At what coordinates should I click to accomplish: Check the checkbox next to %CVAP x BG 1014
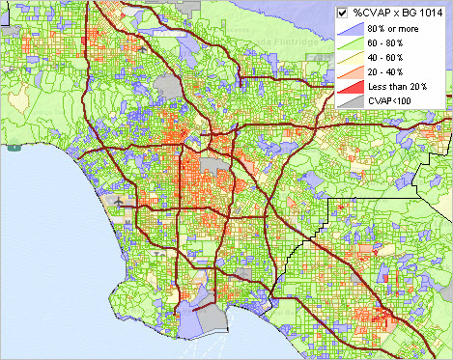coord(342,13)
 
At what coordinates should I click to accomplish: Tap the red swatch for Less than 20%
coord(351,87)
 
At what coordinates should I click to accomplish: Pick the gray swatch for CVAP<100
coord(351,100)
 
